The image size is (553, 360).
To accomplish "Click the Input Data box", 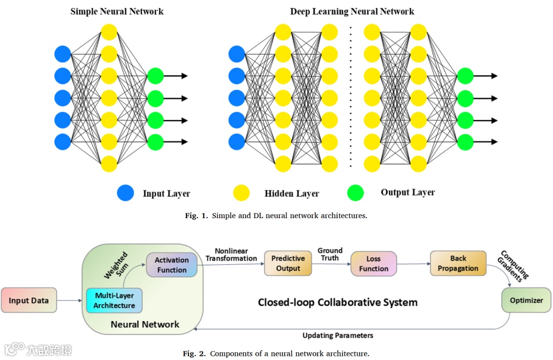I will click(29, 300).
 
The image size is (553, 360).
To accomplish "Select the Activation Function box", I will click(172, 265).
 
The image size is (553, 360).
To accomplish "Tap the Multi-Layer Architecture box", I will click(114, 301).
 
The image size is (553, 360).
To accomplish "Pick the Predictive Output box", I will click(288, 263).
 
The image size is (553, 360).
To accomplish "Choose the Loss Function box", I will click(373, 264).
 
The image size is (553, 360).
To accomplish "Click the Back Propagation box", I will click(458, 263).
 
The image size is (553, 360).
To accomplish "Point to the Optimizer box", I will click(526, 300).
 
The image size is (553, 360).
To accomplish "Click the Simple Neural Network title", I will click(117, 11).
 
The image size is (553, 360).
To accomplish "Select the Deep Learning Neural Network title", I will click(352, 11).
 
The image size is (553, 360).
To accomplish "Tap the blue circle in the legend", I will click(125, 193).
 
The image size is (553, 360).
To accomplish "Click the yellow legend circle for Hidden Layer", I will click(241, 193).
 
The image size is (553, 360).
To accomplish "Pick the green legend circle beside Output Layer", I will click(355, 193).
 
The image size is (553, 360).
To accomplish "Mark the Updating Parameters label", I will click(337, 336).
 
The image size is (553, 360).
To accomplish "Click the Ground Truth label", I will click(330, 255).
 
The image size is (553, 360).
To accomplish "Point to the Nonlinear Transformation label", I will click(231, 255).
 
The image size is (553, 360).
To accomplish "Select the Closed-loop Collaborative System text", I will click(337, 302).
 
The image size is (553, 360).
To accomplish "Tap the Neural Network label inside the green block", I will click(145, 324).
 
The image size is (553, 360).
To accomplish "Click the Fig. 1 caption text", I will click(276, 216).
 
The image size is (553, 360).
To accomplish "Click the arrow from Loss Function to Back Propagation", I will click(413, 264).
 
